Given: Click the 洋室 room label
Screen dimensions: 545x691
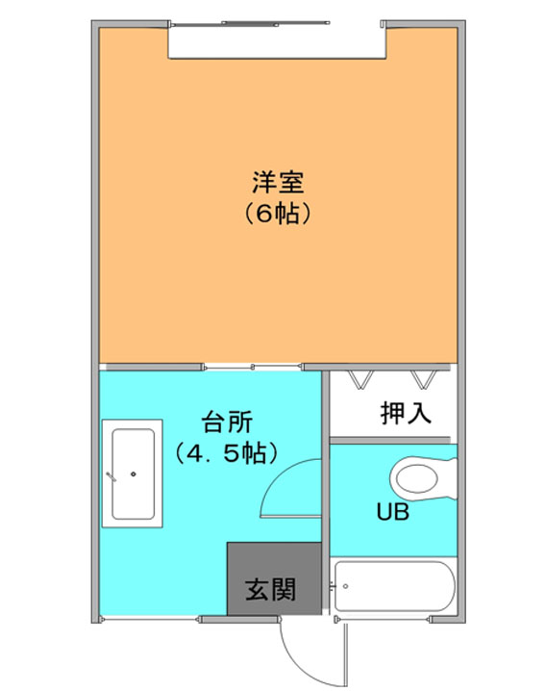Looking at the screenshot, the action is point(278,183).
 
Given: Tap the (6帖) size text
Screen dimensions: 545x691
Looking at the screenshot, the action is point(278,214).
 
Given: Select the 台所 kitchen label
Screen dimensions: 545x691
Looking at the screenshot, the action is point(227,422).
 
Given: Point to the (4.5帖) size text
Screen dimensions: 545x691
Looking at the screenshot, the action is point(227,453).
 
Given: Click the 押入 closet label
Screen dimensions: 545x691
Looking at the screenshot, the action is point(406,413).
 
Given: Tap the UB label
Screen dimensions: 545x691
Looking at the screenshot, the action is point(393,512).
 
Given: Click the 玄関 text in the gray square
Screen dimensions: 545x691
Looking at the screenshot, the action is point(271,590).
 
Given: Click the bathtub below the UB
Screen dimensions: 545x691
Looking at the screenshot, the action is point(394,586).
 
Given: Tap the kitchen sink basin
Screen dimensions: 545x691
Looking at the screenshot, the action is point(133,474).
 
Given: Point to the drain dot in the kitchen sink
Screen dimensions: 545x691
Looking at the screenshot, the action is point(134,474).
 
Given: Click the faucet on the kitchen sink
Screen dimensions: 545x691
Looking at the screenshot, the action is point(111,476).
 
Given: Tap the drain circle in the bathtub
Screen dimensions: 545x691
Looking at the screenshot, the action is point(346,586).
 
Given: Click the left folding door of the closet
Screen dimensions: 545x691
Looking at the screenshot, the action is point(361,379).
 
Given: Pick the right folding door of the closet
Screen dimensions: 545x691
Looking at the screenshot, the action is point(424,379).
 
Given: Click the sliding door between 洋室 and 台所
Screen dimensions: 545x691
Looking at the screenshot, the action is point(253,367).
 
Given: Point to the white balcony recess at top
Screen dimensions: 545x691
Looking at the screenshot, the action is point(278,42).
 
